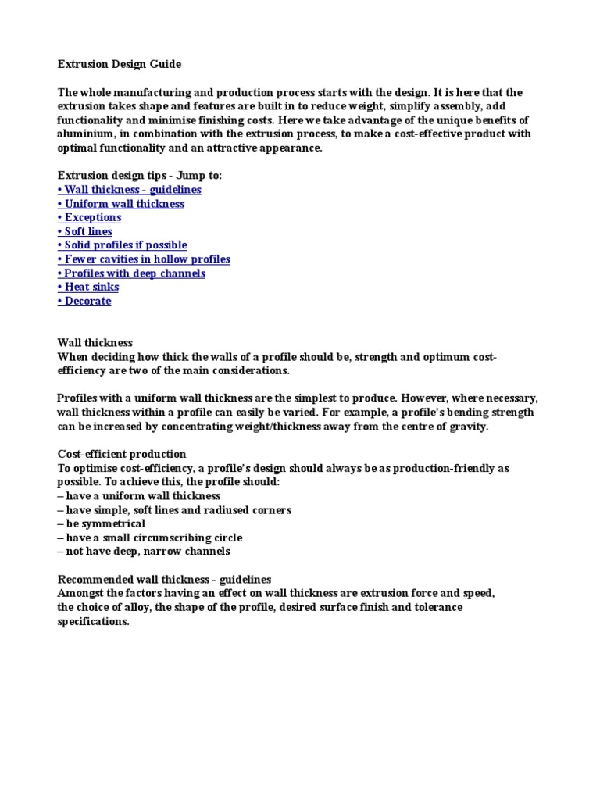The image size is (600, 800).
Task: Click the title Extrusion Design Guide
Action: pyautogui.click(x=120, y=63)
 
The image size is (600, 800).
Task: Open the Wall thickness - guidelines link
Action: pyautogui.click(x=130, y=190)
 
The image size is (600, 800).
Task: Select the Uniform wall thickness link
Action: pyautogui.click(x=121, y=204)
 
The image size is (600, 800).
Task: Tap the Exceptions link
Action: pyautogui.click(x=89, y=217)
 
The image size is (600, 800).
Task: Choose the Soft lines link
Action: pyautogui.click(x=85, y=231)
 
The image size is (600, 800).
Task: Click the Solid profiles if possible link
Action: pyautogui.click(x=123, y=245)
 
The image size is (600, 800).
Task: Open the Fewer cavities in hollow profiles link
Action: pyautogui.click(x=144, y=259)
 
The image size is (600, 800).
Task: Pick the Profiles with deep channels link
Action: pyautogui.click(x=131, y=273)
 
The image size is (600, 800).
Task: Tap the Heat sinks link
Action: pyautogui.click(x=88, y=287)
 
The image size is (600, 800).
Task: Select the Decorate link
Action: pyautogui.click(x=84, y=302)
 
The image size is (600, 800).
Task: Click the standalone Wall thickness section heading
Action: pyautogui.click(x=95, y=343)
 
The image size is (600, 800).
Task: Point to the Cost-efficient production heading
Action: pyautogui.click(x=122, y=454)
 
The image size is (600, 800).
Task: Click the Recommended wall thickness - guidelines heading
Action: pyautogui.click(x=165, y=580)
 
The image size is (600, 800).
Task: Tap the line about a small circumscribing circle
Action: pyautogui.click(x=150, y=537)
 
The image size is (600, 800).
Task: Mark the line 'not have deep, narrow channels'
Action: pyautogui.click(x=144, y=552)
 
